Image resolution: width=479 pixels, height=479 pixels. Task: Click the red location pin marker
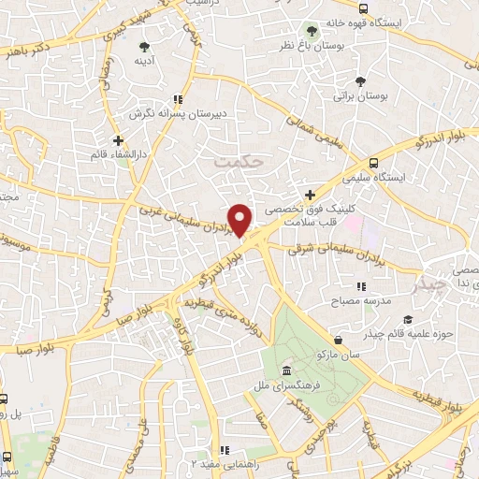coord(240,219)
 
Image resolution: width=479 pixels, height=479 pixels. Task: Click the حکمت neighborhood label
coord(233,161)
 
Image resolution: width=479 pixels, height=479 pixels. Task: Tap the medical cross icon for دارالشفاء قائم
coord(117,140)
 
